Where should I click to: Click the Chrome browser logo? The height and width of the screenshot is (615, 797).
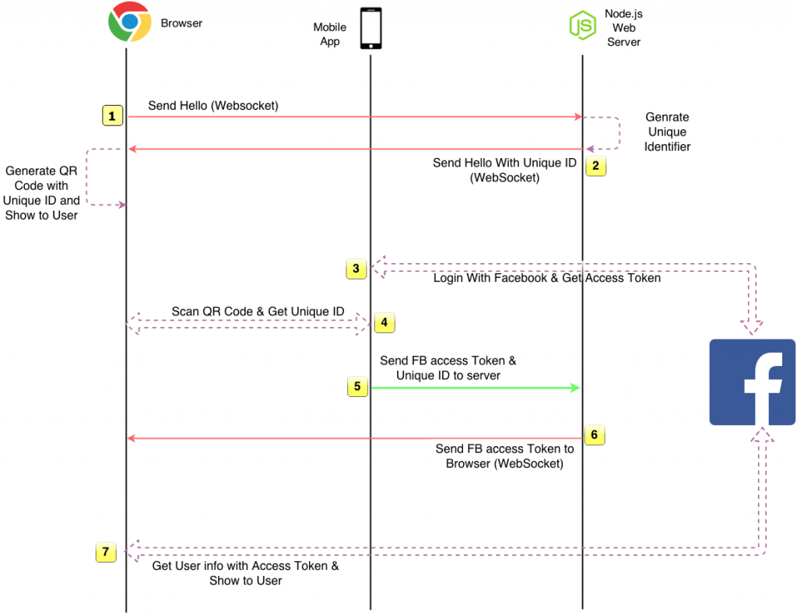pos(130,22)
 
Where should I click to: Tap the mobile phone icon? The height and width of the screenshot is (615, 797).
pos(371,29)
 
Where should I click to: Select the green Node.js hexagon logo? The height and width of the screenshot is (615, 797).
pos(582,25)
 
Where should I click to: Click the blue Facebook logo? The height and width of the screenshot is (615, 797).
pos(753,382)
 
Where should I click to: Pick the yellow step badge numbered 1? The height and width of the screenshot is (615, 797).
pos(112,116)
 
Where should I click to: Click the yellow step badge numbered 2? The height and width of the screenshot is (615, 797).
pos(595,166)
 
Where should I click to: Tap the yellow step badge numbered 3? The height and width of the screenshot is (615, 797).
pos(356,269)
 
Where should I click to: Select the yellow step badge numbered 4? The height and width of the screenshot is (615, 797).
pos(384,322)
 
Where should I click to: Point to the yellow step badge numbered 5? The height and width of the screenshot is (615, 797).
pos(357,386)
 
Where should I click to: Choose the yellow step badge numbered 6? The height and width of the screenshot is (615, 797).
pos(595,435)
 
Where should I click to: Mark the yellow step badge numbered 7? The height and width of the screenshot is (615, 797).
pos(106,552)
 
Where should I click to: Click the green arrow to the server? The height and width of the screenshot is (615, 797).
pos(476,388)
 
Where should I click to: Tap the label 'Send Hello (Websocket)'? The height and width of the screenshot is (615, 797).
pos(213,106)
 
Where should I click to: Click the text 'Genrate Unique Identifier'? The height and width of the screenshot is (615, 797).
pos(667,132)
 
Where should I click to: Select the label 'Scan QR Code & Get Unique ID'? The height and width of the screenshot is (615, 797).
pos(258,311)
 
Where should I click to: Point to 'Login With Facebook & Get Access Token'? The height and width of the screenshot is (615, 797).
pos(547,278)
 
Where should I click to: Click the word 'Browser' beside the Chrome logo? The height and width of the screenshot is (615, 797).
pos(181,23)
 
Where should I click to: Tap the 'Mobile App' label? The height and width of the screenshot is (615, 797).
pos(330,34)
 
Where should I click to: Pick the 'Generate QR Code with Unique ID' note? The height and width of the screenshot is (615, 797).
pos(41,193)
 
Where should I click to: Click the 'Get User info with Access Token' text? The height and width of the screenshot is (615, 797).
pos(245,566)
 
